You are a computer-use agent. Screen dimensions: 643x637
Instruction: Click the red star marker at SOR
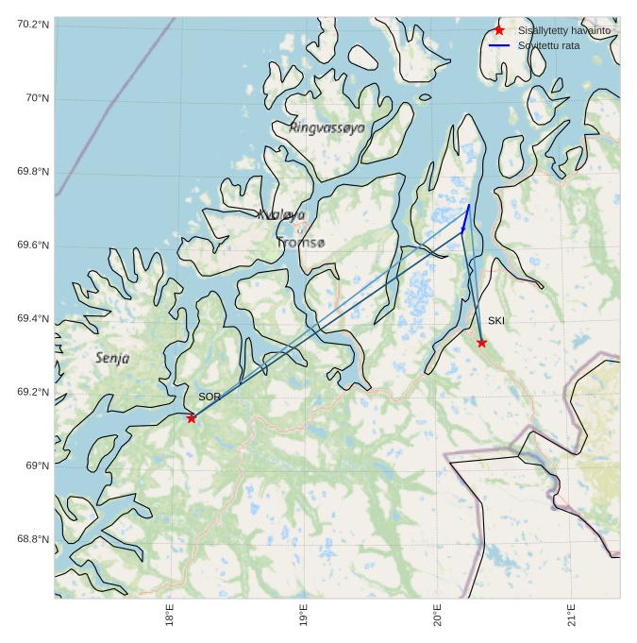[192, 418]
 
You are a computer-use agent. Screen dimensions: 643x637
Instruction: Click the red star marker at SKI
[481, 343]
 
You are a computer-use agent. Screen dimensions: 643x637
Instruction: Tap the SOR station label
[209, 398]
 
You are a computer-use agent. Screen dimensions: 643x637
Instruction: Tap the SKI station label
[495, 321]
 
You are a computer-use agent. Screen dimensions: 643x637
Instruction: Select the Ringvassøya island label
[327, 127]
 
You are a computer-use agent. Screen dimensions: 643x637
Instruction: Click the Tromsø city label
[301, 244]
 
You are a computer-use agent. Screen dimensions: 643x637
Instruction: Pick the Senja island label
[112, 359]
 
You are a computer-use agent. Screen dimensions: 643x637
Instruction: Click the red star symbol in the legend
[499, 30]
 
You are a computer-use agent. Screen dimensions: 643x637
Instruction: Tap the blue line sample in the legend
[499, 45]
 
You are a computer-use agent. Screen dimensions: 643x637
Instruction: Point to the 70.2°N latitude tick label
[32, 24]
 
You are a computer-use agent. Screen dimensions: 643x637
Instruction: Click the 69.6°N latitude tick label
[32, 245]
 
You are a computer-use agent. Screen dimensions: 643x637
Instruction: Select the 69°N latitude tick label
[37, 465]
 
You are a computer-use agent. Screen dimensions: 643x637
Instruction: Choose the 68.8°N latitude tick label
[32, 539]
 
